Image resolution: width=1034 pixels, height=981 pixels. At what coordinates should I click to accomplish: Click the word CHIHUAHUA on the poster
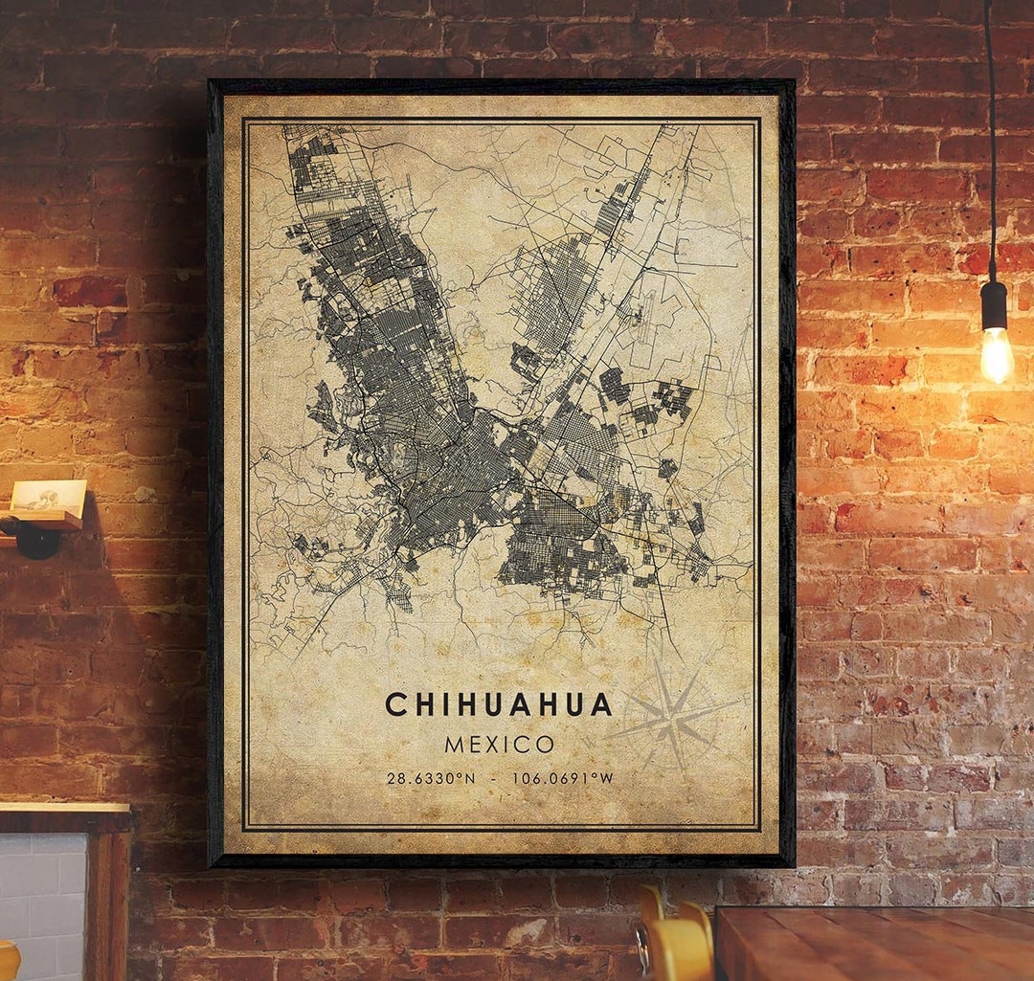coord(498,705)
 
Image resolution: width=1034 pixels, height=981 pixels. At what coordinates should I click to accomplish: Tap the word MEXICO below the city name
coord(499,745)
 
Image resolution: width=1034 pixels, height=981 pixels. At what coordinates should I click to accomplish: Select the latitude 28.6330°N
coord(430,779)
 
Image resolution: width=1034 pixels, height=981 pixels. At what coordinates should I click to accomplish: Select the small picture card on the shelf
coord(48,496)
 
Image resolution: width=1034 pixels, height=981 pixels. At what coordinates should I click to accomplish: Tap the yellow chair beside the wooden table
coord(678,943)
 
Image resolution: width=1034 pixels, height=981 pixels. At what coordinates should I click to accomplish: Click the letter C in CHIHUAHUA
coord(394,705)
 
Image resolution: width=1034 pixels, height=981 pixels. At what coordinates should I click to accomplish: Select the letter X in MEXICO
coord(500,745)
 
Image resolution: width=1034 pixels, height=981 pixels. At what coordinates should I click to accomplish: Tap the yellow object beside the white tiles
coord(8,962)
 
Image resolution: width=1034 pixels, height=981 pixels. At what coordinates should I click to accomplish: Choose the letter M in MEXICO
coord(454,745)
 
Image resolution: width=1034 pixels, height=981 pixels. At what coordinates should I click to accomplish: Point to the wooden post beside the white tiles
coord(110,900)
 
